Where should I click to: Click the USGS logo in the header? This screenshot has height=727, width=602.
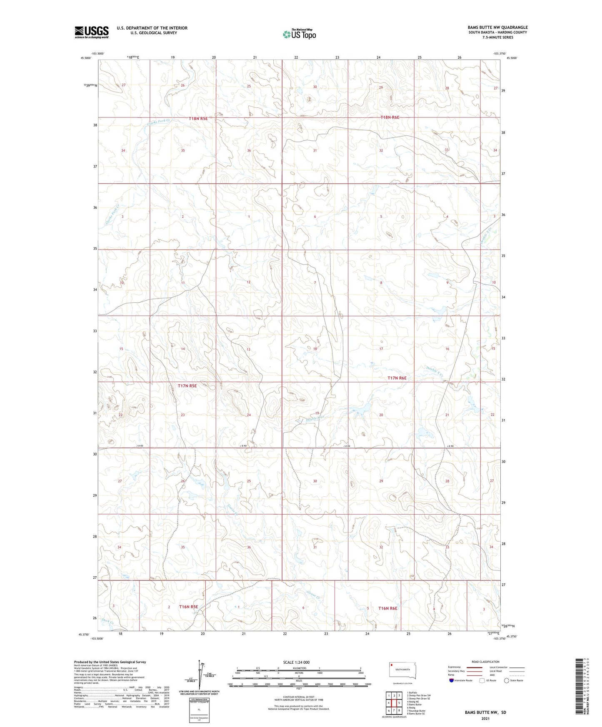91,32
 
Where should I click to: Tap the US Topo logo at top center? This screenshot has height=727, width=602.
299,34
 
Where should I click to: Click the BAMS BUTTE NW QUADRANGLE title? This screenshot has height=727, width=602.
497,27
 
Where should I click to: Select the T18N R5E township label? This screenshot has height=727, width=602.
198,118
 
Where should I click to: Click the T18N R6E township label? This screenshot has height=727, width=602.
390,117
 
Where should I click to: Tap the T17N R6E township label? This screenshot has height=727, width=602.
397,378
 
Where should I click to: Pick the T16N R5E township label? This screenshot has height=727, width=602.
188,607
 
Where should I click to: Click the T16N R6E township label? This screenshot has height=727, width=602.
387,608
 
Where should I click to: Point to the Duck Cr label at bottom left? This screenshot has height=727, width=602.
107,621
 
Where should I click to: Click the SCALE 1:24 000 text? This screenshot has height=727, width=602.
296,662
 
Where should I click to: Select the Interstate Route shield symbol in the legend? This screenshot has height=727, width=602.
452,680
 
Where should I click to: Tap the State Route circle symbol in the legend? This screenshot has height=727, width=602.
507,680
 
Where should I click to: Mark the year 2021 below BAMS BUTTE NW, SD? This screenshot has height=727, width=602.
485,718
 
